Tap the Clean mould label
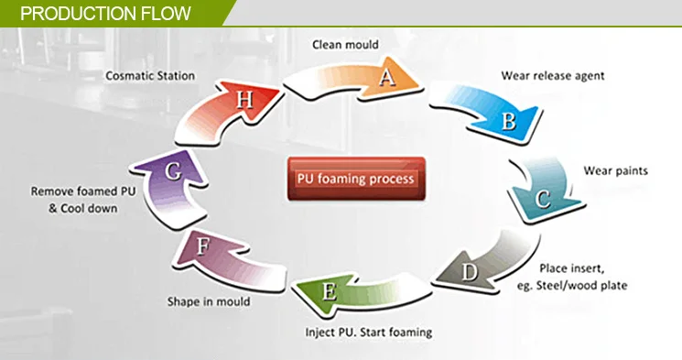tap(345, 43)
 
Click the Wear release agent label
tap(552, 77)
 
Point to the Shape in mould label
tap(208, 300)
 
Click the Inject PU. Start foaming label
tap(368, 332)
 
